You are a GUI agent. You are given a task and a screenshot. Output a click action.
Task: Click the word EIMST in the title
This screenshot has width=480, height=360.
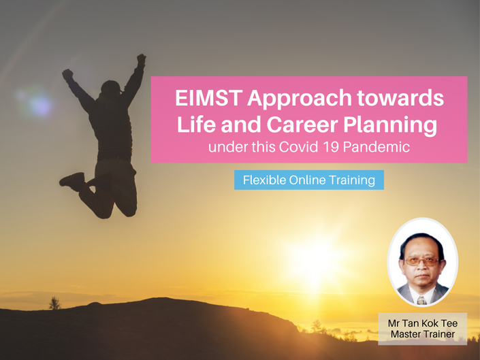pyautogui.click(x=209, y=97)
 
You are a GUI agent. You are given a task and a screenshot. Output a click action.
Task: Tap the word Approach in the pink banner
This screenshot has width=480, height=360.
pyautogui.click(x=299, y=99)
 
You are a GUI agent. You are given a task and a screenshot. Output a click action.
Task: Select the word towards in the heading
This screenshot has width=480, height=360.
pyautogui.click(x=400, y=97)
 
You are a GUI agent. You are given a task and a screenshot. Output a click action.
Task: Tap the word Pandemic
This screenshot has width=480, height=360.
pyautogui.click(x=377, y=147)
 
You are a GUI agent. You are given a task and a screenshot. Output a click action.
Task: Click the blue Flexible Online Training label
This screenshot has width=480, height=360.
pyautogui.click(x=309, y=180)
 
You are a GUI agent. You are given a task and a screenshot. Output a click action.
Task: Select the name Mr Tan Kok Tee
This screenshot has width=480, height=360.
pyautogui.click(x=422, y=323)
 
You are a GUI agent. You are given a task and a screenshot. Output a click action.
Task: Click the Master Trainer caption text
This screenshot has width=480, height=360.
pyautogui.click(x=422, y=334)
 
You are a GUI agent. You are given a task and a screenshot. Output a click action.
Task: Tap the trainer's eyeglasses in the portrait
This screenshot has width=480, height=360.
pyautogui.click(x=422, y=261)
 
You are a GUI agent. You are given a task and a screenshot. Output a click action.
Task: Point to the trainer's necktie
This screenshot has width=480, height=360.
pyautogui.click(x=421, y=300)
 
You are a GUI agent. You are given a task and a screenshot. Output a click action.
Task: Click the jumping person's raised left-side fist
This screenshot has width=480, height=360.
pyautogui.click(x=67, y=74)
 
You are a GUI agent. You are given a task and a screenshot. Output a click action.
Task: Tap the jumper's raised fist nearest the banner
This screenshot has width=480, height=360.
pyautogui.click(x=142, y=59)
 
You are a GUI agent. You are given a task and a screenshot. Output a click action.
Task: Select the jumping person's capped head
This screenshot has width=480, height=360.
pyautogui.click(x=111, y=88)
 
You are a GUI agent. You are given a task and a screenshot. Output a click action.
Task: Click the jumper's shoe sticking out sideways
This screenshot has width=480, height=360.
pyautogui.click(x=73, y=182)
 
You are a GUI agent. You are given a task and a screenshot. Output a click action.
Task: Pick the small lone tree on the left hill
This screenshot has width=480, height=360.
pyautogui.click(x=54, y=303)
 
